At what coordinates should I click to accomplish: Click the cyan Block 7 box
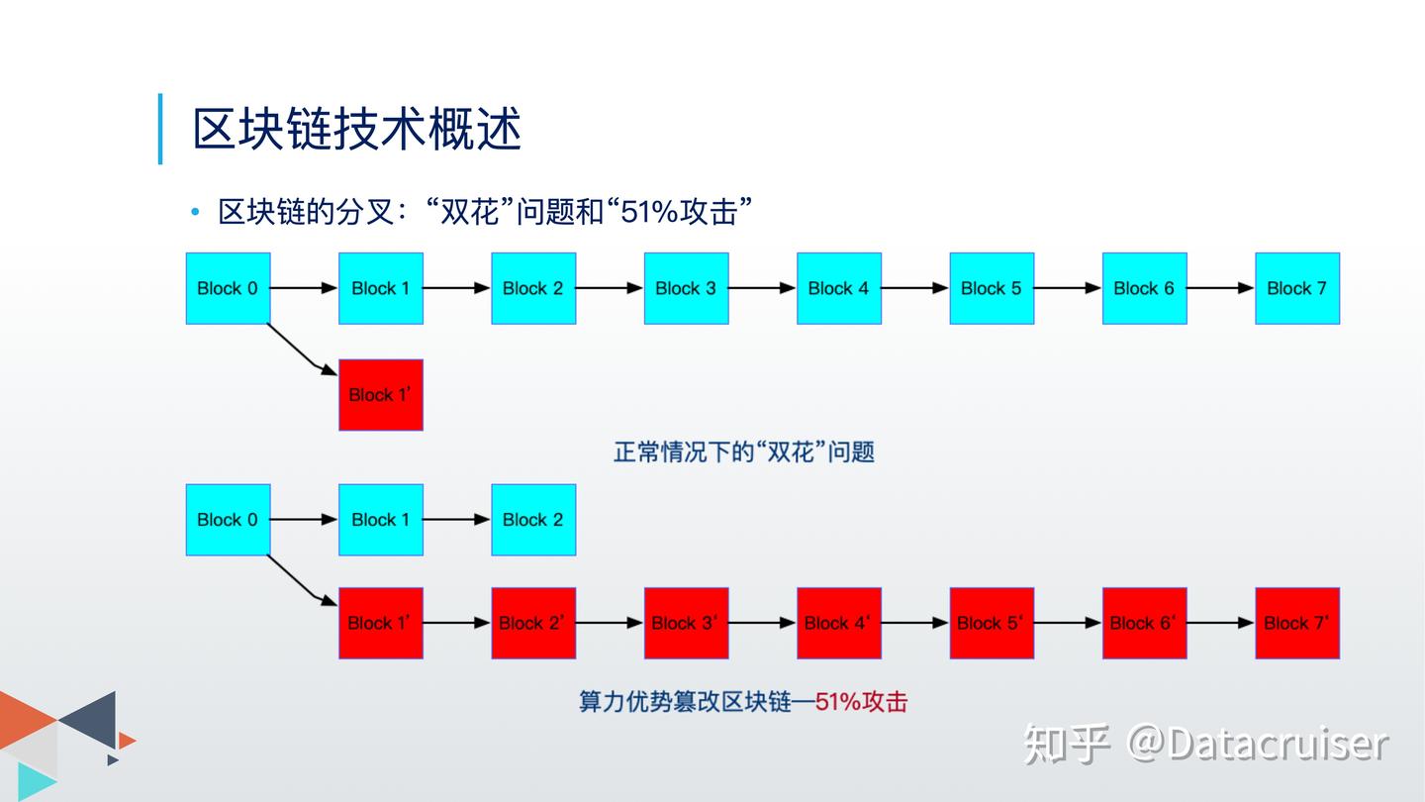click(x=1296, y=288)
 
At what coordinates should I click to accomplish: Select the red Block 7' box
click(x=1296, y=623)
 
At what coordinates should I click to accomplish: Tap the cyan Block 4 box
click(x=838, y=288)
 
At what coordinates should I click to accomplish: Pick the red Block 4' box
click(x=838, y=623)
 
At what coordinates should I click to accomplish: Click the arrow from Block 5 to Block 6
click(x=1067, y=288)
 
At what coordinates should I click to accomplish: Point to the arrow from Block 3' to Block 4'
click(x=762, y=623)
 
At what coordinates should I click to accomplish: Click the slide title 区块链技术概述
click(x=356, y=130)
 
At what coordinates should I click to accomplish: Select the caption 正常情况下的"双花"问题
click(x=744, y=452)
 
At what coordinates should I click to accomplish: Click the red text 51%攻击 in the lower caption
click(x=861, y=702)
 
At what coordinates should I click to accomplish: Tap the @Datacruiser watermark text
click(x=1258, y=744)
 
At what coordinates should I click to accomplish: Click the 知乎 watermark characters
click(x=1066, y=744)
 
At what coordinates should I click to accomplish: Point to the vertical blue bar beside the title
click(x=160, y=129)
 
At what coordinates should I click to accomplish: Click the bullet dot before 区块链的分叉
click(x=196, y=212)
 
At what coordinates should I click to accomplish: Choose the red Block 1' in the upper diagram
click(x=381, y=395)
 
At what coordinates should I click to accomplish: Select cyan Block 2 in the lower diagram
click(x=533, y=520)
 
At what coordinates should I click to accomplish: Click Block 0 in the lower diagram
click(x=228, y=520)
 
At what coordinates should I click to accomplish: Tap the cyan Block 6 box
click(x=1144, y=288)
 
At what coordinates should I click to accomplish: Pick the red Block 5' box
click(x=992, y=623)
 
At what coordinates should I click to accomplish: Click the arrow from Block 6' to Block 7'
click(x=1220, y=623)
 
